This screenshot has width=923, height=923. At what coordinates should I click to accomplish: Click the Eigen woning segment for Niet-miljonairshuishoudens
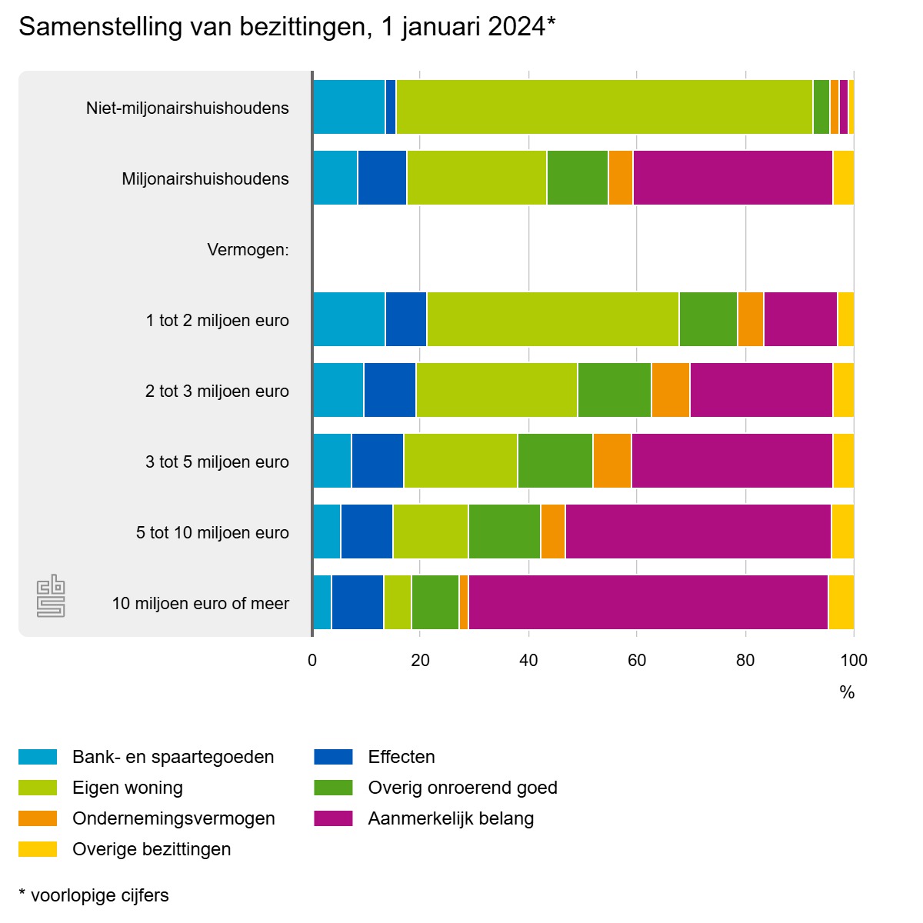(604, 107)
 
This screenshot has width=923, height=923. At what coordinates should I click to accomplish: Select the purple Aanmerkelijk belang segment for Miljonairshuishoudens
(732, 178)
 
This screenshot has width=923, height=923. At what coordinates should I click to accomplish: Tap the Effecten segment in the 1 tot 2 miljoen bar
(406, 319)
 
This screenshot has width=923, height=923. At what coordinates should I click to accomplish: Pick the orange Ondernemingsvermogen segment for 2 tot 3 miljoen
(671, 390)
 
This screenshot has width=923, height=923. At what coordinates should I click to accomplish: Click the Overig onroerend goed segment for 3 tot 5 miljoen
(555, 461)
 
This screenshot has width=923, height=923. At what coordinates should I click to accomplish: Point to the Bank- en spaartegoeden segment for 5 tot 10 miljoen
(327, 531)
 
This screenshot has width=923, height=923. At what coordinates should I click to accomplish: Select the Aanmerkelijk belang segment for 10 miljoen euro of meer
(648, 602)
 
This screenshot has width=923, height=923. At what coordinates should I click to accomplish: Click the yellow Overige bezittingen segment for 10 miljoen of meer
(841, 602)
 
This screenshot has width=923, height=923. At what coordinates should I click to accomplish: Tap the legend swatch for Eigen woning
(38, 788)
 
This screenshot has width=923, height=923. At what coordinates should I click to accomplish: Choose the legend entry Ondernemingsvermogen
(173, 818)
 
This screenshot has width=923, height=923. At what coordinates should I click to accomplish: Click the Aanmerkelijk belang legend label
(451, 818)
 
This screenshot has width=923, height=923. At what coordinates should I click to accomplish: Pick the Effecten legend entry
(402, 757)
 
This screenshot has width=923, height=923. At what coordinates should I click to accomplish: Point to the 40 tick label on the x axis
(528, 660)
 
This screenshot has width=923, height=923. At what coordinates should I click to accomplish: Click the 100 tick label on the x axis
(854, 660)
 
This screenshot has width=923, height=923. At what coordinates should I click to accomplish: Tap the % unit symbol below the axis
(847, 692)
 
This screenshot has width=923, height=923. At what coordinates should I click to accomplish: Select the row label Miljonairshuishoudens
(205, 178)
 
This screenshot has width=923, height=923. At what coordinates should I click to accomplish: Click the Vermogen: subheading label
(248, 249)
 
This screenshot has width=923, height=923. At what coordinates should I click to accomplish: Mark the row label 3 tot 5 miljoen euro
(217, 461)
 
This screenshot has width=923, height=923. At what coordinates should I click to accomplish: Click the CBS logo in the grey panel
(51, 596)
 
